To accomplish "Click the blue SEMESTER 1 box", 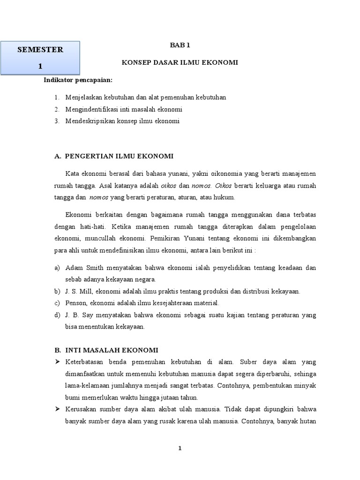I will click(x=40, y=58).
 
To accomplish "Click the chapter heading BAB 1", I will click(x=180, y=45).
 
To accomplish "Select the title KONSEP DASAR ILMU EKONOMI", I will click(x=180, y=62).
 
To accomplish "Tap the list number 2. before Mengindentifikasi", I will click(x=56, y=109).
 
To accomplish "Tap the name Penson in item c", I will click(x=75, y=303).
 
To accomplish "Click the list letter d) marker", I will click(x=57, y=315).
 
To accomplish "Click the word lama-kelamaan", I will click(x=87, y=386).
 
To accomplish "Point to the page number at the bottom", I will click(x=180, y=449).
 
